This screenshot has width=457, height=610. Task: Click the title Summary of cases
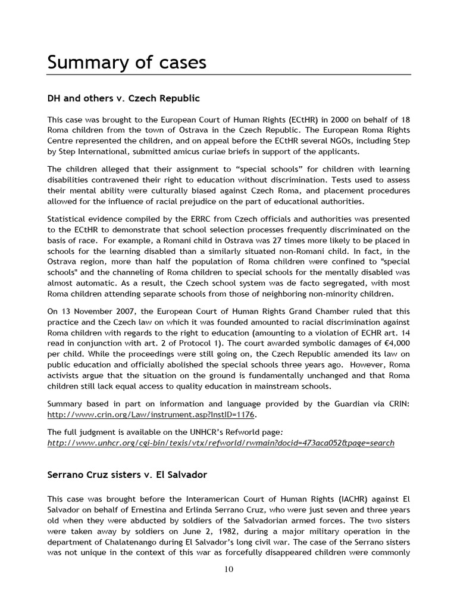pyautogui.click(x=127, y=62)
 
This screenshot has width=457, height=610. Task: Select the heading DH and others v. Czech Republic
pyautogui.click(x=123, y=98)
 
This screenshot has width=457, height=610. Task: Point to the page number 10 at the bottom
pyautogui.click(x=228, y=569)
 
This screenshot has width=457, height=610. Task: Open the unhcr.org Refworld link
pyautogui.click(x=221, y=443)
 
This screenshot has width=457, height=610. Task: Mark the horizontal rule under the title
pyautogui.click(x=228, y=75)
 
